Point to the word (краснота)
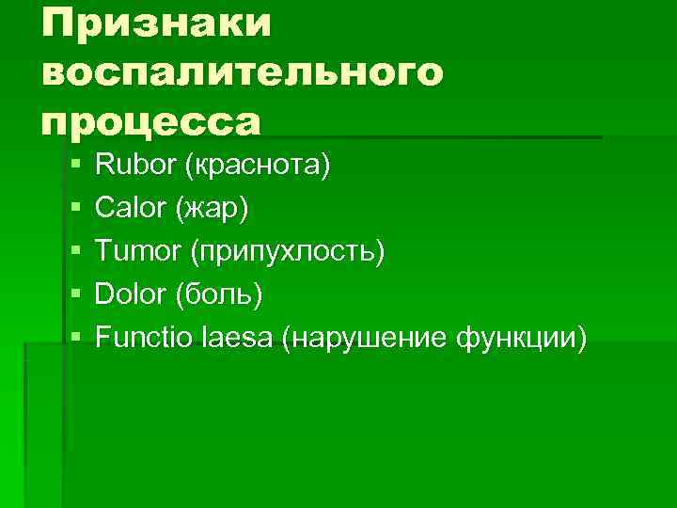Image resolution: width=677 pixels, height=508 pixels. click(258, 167)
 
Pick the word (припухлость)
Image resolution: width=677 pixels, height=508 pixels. click(287, 252)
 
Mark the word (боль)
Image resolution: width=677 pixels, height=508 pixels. click(219, 294)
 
